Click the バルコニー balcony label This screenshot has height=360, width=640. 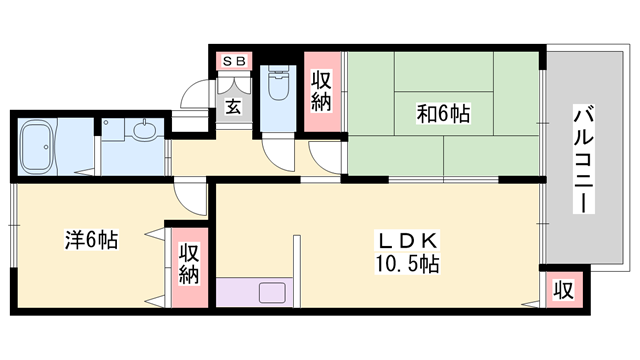(580, 158)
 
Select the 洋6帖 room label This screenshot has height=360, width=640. (92, 240)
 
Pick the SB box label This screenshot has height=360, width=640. (234, 62)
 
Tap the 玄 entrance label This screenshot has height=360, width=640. (232, 105)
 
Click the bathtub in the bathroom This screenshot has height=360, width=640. (49, 148)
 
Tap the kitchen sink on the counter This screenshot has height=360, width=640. (272, 294)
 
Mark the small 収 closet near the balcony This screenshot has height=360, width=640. (562, 291)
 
